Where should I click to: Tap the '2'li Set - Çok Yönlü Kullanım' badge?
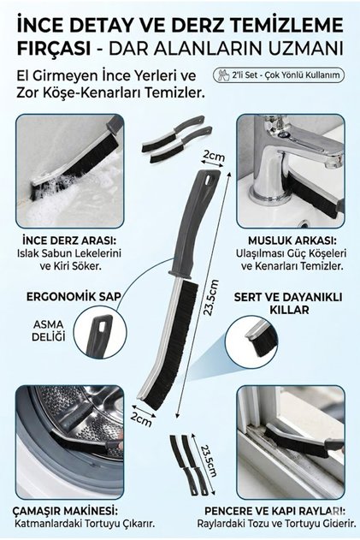[279, 74]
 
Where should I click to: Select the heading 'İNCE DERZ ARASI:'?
[68, 240]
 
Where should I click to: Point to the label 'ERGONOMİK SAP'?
[74, 296]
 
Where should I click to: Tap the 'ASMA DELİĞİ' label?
[49, 330]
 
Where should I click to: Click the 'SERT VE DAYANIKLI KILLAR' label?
[288, 303]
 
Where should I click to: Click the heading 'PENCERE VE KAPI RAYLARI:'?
[275, 510]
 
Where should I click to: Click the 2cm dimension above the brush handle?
[214, 156]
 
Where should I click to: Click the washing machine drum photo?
[69, 442]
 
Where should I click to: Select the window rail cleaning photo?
[291, 442]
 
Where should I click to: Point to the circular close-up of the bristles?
[259, 342]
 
